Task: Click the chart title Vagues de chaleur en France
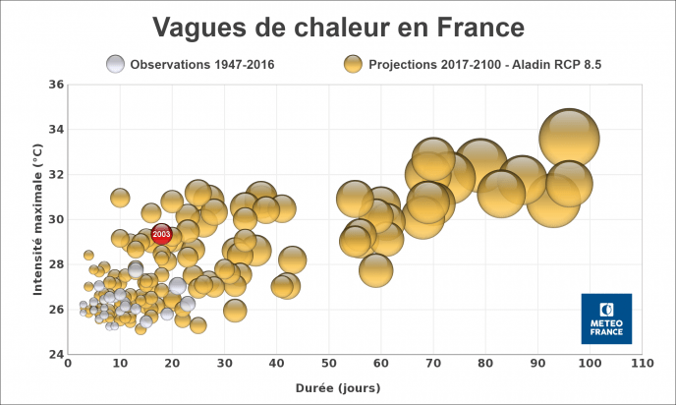[338, 26]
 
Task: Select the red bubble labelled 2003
[161, 234]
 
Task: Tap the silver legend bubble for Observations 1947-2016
[117, 65]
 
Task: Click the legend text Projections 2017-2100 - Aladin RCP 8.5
[485, 65]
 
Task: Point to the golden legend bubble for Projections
[353, 65]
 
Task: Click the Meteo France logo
[606, 318]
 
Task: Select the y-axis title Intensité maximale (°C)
[36, 218]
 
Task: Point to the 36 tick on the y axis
[56, 85]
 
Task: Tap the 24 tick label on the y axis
[56, 354]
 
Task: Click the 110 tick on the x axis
[642, 365]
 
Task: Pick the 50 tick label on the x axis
[328, 365]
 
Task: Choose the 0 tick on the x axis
[68, 365]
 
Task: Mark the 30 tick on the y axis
[56, 219]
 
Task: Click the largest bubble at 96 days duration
[569, 139]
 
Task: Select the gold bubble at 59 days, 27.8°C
[375, 268]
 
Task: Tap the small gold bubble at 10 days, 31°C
[120, 198]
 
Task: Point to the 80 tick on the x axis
[485, 365]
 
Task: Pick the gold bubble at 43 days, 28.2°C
[292, 260]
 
